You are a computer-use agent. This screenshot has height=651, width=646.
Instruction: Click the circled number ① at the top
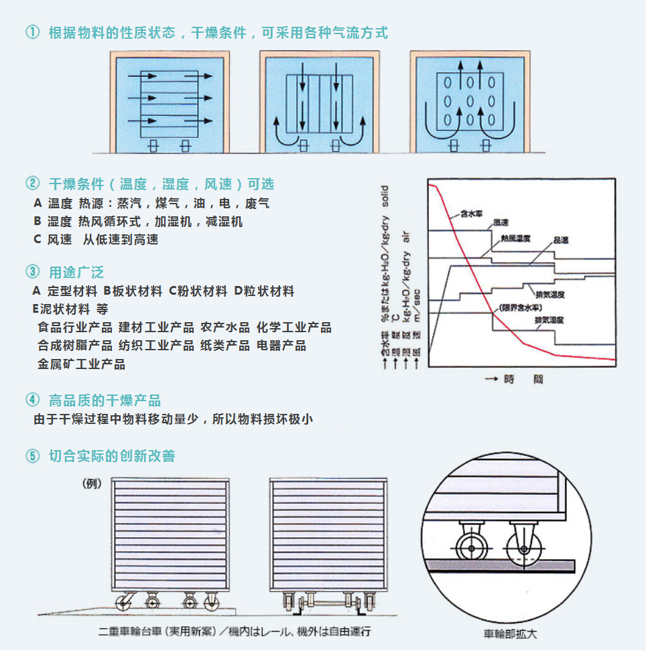click(x=32, y=33)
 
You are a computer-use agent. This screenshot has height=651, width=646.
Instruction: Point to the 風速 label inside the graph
click(x=501, y=222)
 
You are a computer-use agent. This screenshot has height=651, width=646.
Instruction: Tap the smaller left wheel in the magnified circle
click(x=470, y=549)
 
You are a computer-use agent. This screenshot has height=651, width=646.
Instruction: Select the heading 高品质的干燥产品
click(x=105, y=401)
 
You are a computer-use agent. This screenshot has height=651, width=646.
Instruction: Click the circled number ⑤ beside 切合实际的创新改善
click(x=32, y=456)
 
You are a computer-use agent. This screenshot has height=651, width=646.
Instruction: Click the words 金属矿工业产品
click(x=81, y=364)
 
